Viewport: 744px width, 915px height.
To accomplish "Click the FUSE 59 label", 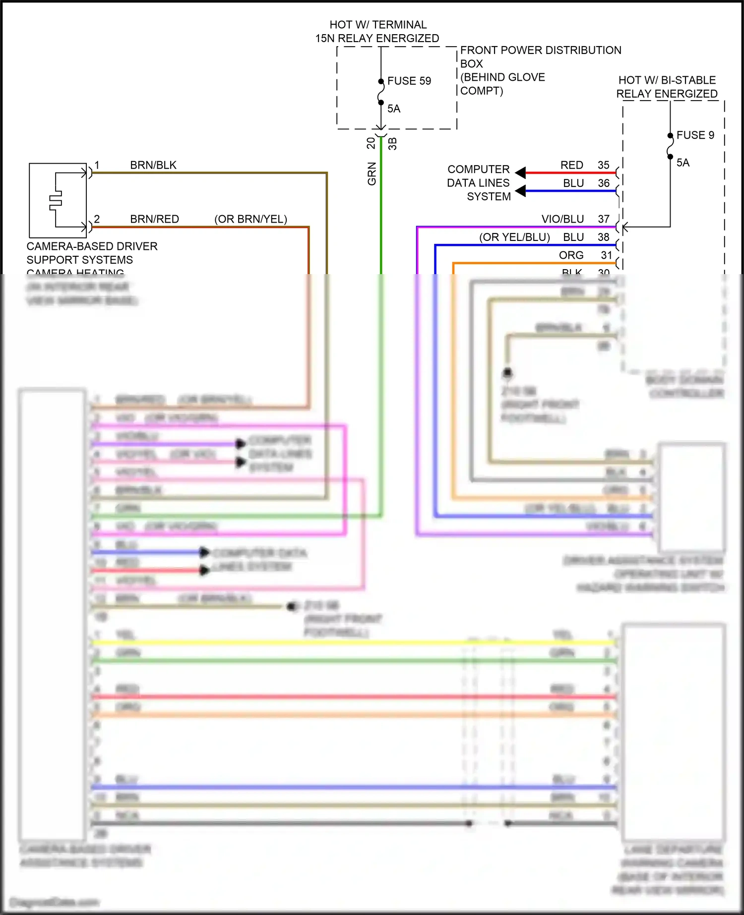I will pos(409,81).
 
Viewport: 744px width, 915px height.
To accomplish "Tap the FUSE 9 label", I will pos(695,135).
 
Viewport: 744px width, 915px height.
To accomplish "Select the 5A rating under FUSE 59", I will pos(393,109).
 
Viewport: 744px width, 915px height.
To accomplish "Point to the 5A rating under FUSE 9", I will pos(682,163).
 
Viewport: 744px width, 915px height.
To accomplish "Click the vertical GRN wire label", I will pos(372,174).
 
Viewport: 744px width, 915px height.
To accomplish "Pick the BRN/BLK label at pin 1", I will pos(153,165).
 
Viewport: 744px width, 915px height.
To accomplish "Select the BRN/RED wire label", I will pos(154,219).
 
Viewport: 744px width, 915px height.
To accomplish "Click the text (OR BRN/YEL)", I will pos(250,219).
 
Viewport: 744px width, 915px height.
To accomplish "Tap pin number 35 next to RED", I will pos(603,165).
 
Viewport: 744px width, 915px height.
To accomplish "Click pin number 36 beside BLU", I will pos(603,183).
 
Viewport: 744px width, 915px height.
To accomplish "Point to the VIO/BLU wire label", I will pos(562,219).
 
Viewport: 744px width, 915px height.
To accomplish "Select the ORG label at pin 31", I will pos(571,255).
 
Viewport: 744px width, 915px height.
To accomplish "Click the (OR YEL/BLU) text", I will pos(514,237).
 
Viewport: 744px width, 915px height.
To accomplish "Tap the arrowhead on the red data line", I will pos(520,172).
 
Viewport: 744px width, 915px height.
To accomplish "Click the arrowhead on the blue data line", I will pos(520,191).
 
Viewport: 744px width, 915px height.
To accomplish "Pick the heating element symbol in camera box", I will pos(56,200).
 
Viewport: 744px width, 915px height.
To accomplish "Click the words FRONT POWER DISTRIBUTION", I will pos(540,51).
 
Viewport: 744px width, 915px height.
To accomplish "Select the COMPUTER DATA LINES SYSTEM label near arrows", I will pos(479,183).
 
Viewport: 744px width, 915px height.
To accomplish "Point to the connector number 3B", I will pos(392,144).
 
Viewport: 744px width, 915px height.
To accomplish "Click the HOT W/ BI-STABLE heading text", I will pos(667,80).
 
